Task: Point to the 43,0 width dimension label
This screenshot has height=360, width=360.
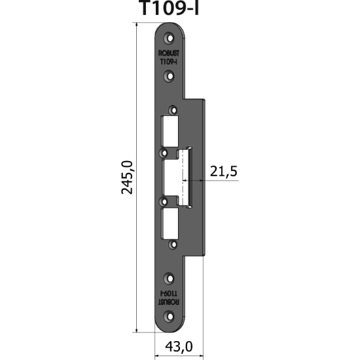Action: [176, 346]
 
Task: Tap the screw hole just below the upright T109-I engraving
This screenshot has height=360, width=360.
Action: [170, 77]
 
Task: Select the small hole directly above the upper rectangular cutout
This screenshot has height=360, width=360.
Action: [173, 109]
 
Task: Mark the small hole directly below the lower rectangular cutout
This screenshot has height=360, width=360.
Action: [173, 243]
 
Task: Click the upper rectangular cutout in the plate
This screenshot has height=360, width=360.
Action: [170, 130]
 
